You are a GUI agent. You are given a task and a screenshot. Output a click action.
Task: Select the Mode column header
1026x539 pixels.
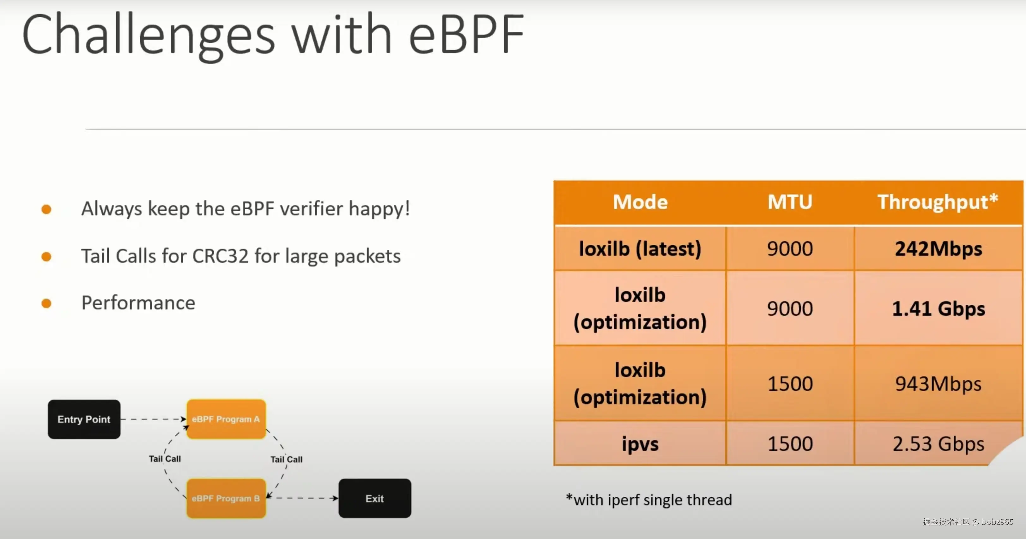[640, 202]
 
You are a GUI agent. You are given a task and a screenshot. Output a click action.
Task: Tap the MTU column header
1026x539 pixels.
[790, 202]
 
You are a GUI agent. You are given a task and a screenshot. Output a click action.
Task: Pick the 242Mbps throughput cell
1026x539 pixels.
[938, 249]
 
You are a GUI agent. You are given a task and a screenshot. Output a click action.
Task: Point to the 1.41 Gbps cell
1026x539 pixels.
[938, 309]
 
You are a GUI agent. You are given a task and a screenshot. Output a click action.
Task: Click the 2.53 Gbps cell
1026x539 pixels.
[938, 444]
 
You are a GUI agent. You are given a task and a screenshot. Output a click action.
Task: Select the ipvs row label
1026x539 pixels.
[640, 444]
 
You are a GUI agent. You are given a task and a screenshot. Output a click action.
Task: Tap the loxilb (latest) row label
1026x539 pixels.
[640, 249]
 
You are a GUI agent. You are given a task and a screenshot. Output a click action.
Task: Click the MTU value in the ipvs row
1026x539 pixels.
[790, 444]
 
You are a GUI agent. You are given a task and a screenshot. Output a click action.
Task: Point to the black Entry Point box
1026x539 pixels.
[84, 419]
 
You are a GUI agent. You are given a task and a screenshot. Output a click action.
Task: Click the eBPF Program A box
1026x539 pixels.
[226, 419]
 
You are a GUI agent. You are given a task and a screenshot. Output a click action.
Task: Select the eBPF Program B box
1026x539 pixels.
[226, 498]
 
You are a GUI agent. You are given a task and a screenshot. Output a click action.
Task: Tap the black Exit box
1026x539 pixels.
[375, 498]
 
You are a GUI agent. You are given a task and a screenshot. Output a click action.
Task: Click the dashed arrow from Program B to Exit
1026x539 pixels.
[302, 498]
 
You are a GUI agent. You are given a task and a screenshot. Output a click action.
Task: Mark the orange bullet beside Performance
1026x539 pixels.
[46, 304]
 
